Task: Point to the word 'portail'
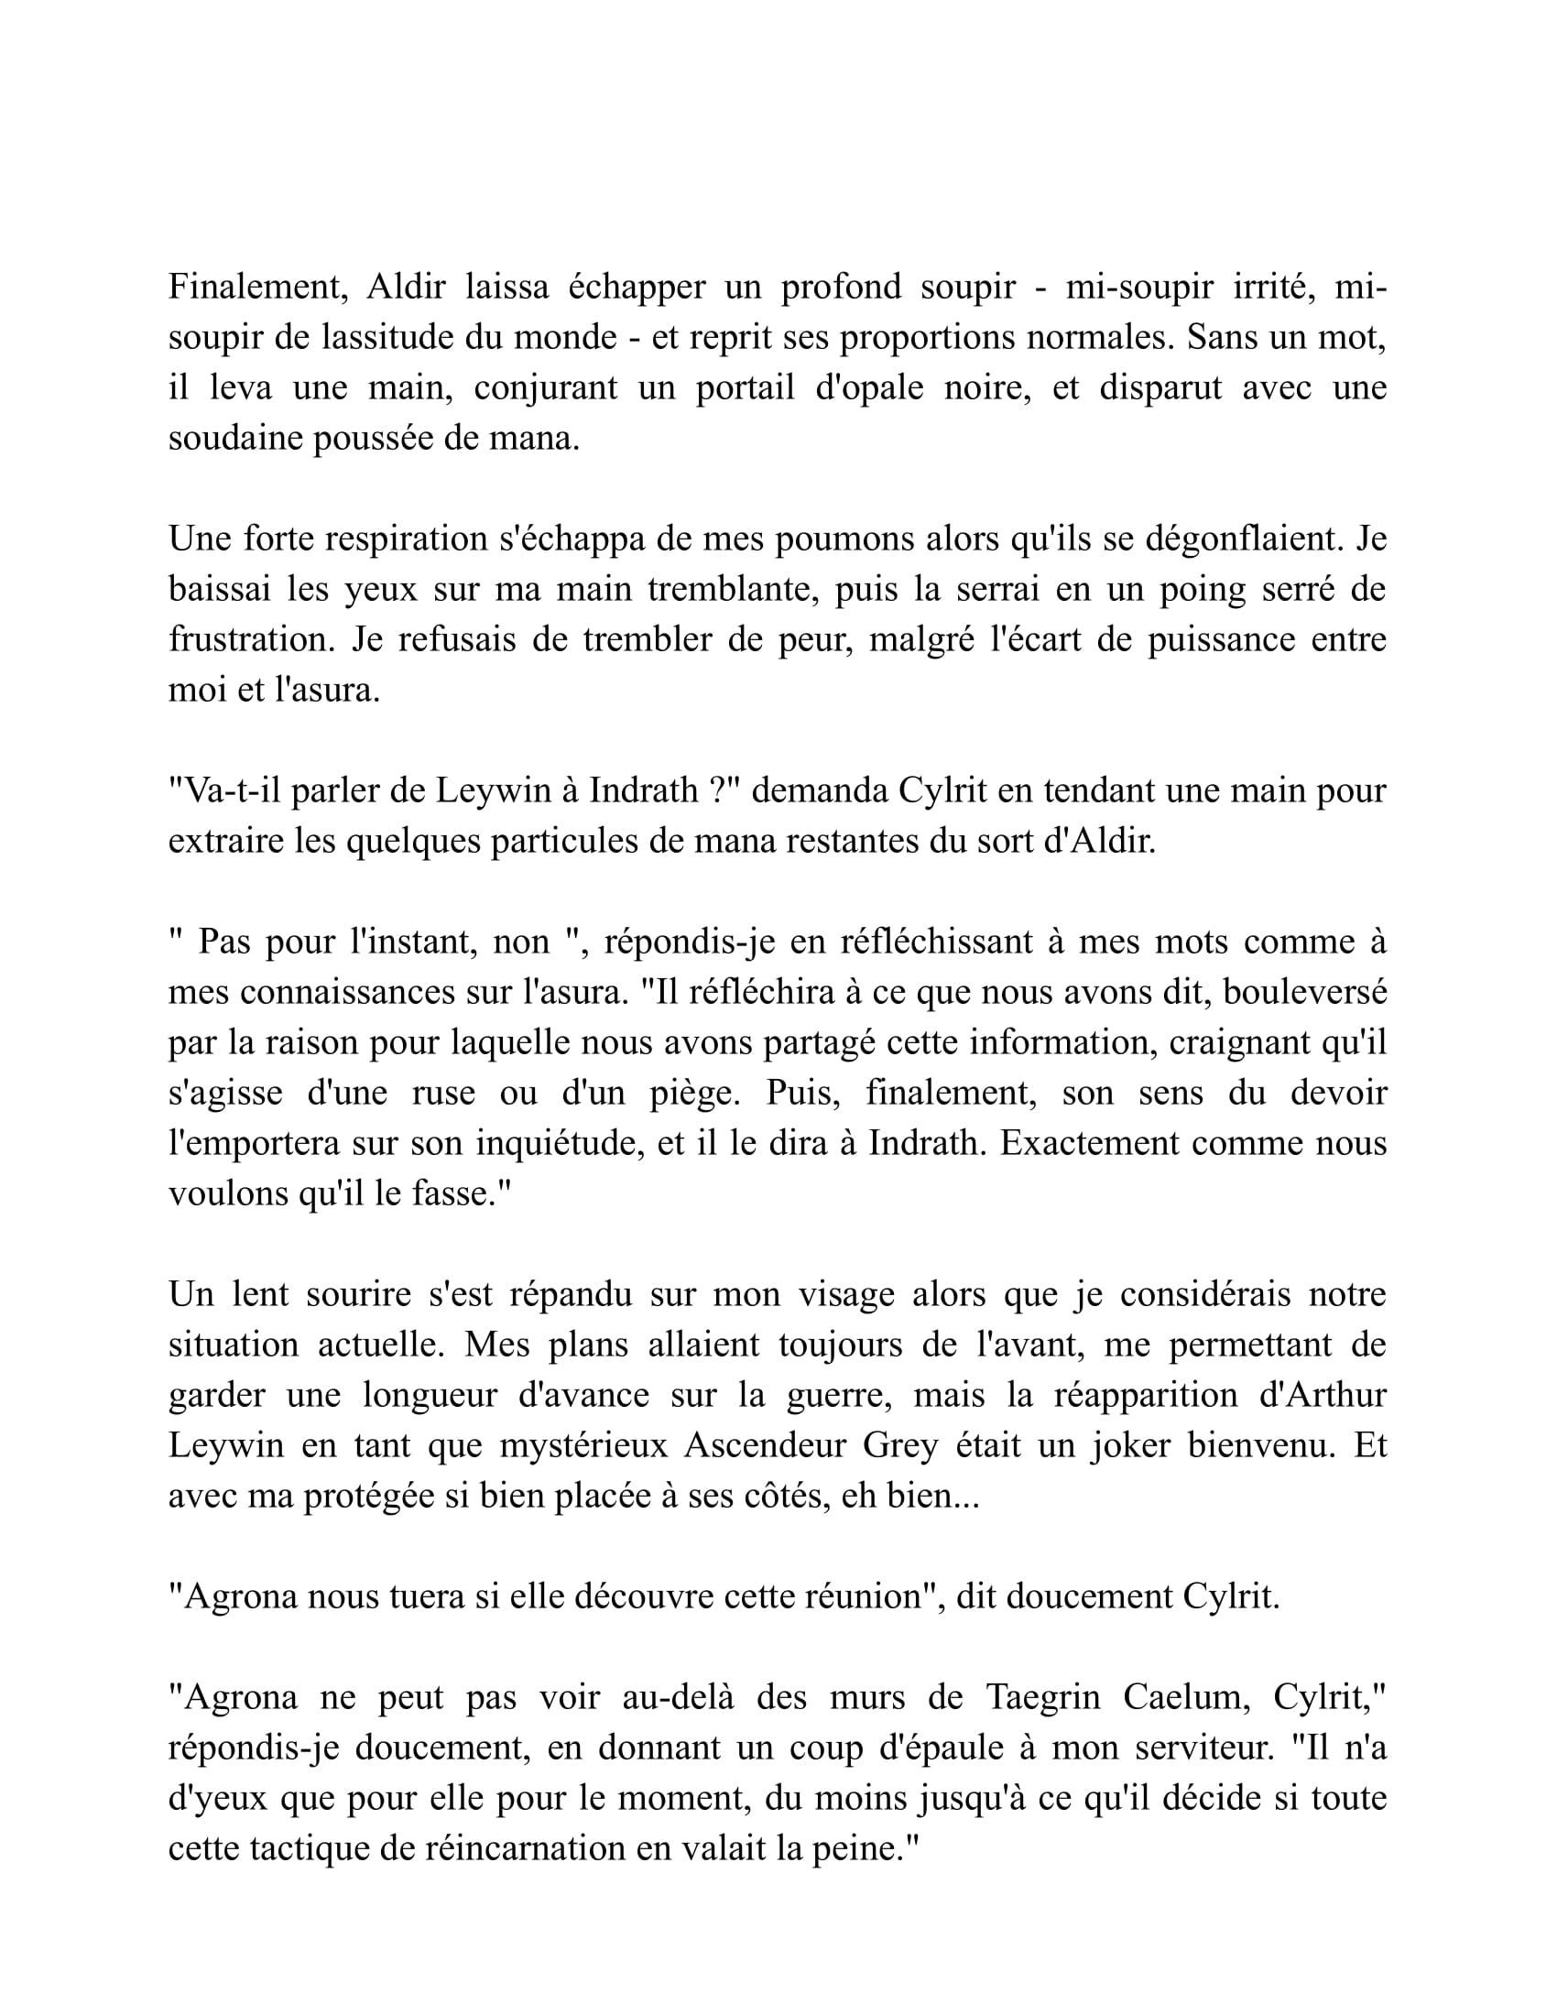745,388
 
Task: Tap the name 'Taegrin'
1043,1698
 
